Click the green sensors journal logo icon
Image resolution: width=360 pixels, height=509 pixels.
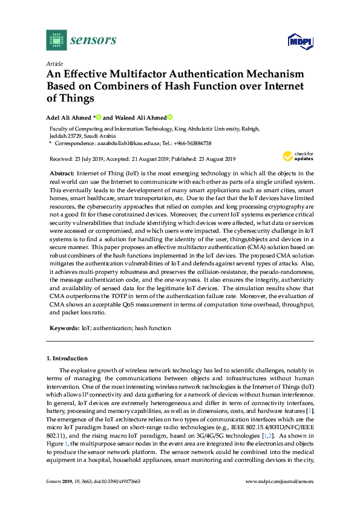click(56, 40)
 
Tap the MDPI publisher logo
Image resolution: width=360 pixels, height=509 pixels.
click(299, 41)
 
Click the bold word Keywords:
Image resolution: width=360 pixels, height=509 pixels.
click(65, 328)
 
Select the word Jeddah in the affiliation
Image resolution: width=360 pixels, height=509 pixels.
click(58, 136)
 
